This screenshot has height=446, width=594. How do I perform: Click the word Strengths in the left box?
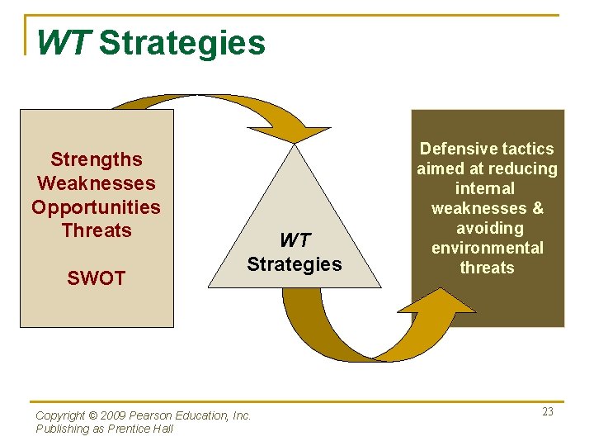click(x=97, y=159)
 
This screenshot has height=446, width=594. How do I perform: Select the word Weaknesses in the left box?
click(x=97, y=183)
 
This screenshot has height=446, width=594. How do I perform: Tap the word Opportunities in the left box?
click(x=97, y=206)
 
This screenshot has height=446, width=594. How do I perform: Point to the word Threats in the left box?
click(x=97, y=230)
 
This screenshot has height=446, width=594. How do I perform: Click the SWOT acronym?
click(x=97, y=278)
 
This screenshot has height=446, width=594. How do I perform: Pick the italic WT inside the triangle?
click(x=295, y=240)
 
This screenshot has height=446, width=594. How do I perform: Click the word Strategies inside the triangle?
click(x=295, y=264)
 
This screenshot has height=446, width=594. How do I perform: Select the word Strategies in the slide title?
click(x=182, y=43)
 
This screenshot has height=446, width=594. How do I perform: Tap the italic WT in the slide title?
click(x=63, y=43)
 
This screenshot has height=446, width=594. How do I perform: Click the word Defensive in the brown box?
click(x=452, y=149)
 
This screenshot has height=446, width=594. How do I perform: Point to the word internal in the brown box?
click(x=487, y=188)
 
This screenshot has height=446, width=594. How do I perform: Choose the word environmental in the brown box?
click(x=487, y=248)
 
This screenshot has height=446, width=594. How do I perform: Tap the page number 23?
click(x=548, y=412)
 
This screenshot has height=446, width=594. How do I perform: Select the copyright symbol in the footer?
click(x=93, y=416)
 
